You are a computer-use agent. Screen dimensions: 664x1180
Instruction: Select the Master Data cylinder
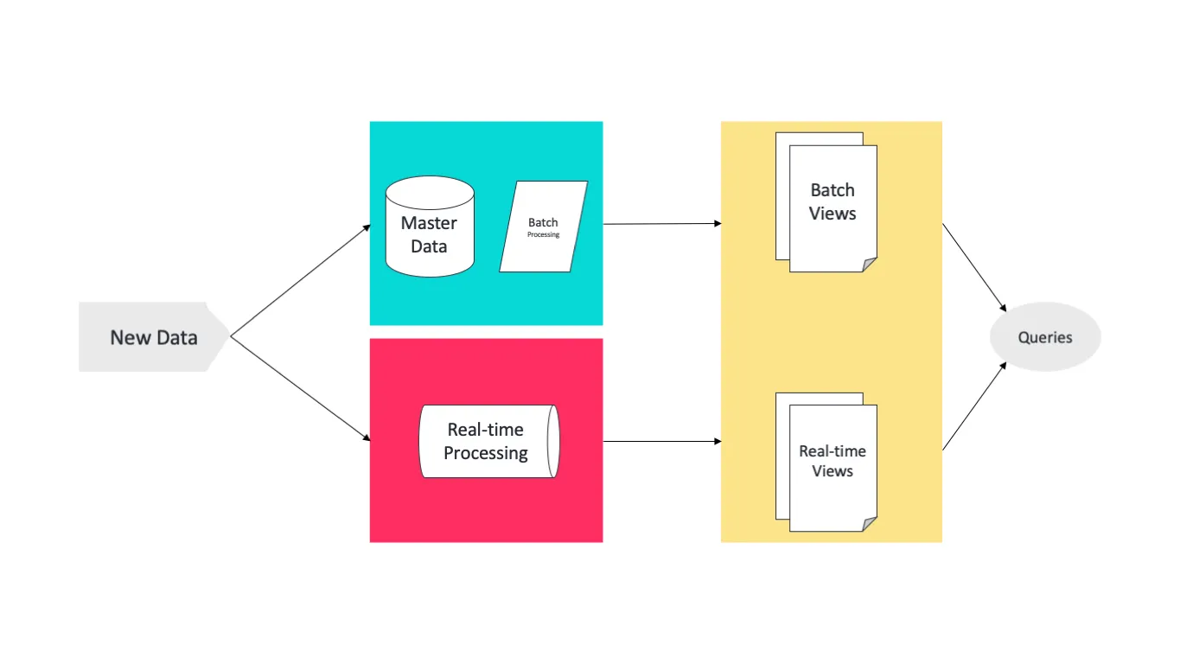tap(430, 227)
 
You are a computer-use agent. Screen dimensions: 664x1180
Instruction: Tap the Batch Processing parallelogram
tap(543, 227)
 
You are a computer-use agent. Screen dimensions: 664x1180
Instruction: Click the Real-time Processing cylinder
tap(488, 441)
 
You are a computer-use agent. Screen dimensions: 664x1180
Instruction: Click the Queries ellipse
tap(1044, 337)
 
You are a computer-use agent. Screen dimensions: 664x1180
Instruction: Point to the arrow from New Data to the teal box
tap(301, 280)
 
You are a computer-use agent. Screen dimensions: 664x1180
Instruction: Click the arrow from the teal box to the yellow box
tap(661, 224)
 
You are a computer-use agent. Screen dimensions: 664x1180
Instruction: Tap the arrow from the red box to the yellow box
tap(661, 442)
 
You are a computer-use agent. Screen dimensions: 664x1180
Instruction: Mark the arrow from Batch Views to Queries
tap(974, 267)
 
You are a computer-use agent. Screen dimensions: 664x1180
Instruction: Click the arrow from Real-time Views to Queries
tap(974, 406)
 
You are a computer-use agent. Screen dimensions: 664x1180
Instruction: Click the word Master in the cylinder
tap(429, 223)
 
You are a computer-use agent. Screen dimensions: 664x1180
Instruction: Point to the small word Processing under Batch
tap(544, 234)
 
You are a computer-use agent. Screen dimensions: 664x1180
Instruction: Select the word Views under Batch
tap(832, 214)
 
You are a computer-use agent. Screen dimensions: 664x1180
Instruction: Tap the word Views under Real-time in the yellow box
tap(832, 471)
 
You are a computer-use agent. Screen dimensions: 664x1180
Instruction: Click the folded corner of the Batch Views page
tap(869, 265)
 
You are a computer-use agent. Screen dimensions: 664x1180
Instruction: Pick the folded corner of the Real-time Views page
tap(869, 524)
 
